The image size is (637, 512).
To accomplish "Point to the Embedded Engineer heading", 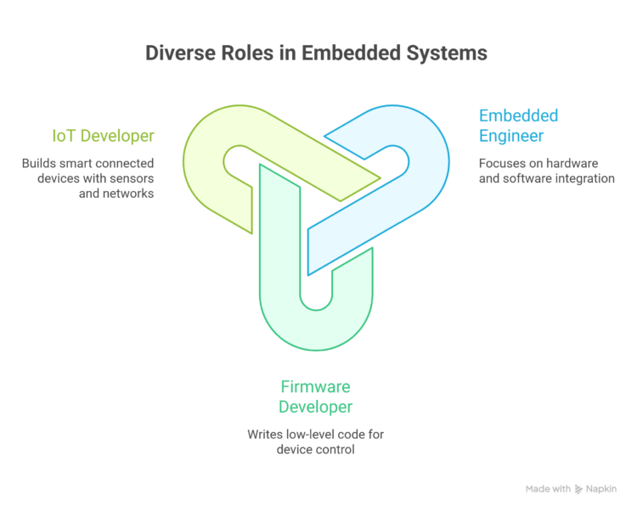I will point(519,126).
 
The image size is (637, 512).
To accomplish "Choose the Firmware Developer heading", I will point(315,397).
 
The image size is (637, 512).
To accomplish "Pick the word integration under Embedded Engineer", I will point(582,178).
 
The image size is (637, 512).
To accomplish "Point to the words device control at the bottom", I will point(315,449).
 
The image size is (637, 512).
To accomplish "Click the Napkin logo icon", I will point(579,489).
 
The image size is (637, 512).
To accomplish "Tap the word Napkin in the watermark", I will point(601,489).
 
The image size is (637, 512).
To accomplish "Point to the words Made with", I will point(548,489).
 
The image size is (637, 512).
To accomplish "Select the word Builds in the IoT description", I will point(40,163).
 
